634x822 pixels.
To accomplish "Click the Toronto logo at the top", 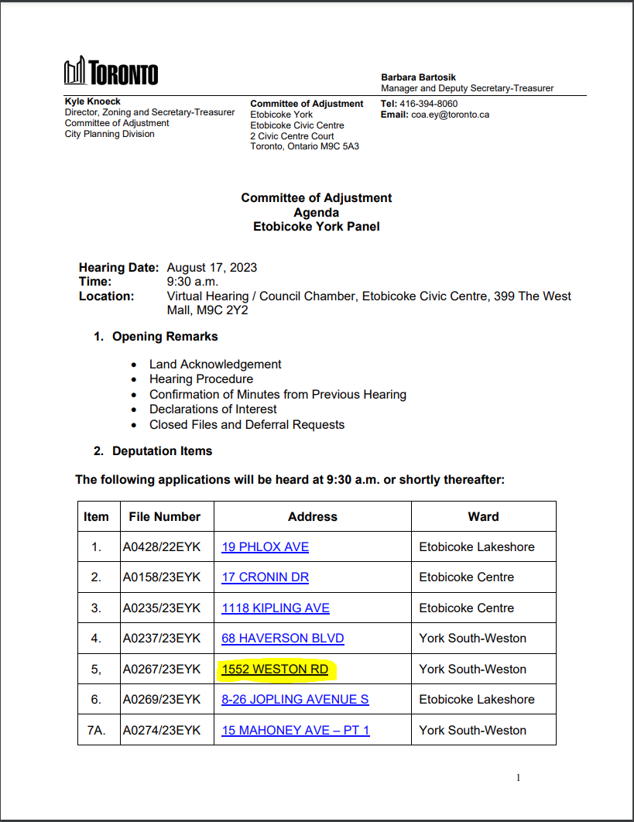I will click(x=111, y=72).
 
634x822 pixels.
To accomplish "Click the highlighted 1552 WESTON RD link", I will click(x=275, y=669).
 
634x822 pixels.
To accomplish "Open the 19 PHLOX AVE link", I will click(x=265, y=546).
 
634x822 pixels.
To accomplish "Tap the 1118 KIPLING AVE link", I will click(x=275, y=608).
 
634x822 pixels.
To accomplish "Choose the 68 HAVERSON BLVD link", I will click(x=283, y=638).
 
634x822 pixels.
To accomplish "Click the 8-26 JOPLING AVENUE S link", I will click(x=295, y=699).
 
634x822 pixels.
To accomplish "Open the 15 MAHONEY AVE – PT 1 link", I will click(x=295, y=730).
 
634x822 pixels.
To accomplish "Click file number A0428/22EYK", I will click(x=161, y=546).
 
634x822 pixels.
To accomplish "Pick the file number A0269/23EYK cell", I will click(x=161, y=699).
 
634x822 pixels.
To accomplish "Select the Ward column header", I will click(x=483, y=516).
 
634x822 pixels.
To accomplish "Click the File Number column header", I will click(x=166, y=516).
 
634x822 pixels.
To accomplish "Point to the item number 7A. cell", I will click(x=96, y=730).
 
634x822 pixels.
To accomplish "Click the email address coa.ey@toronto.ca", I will click(x=451, y=115).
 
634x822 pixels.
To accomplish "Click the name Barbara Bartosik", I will click(x=418, y=77).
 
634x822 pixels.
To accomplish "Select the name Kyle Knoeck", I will click(x=92, y=101).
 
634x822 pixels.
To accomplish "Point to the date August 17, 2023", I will click(x=212, y=268).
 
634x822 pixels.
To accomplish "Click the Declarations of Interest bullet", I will click(x=213, y=409).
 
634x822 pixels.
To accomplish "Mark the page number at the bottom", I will click(x=518, y=777).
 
